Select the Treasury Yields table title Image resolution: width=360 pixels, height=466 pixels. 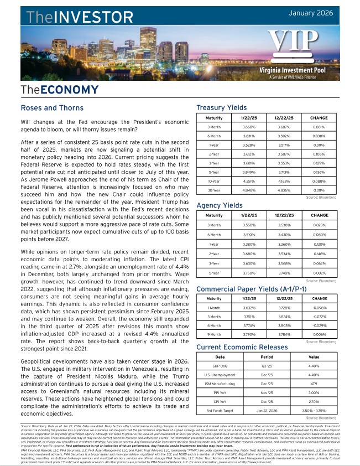coord(222,108)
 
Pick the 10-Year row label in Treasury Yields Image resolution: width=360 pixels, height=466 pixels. coord(214,181)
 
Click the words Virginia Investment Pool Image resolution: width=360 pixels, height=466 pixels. coord(299,71)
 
